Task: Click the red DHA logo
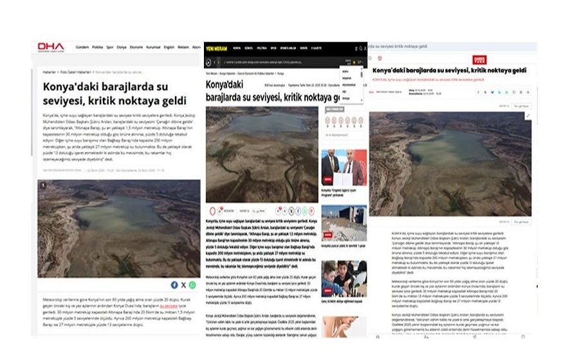[x=51, y=47]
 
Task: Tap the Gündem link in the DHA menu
[x=82, y=48]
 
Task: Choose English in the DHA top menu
[x=169, y=48]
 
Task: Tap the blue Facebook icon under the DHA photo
[x=174, y=284]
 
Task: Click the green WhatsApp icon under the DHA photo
[x=192, y=284]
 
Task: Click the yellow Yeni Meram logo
[x=217, y=48]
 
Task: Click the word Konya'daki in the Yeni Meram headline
[x=225, y=85]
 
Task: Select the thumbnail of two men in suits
[x=344, y=168]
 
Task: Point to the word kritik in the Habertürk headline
[x=457, y=69]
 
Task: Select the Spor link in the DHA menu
[x=109, y=48]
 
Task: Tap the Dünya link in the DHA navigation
[x=122, y=48]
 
